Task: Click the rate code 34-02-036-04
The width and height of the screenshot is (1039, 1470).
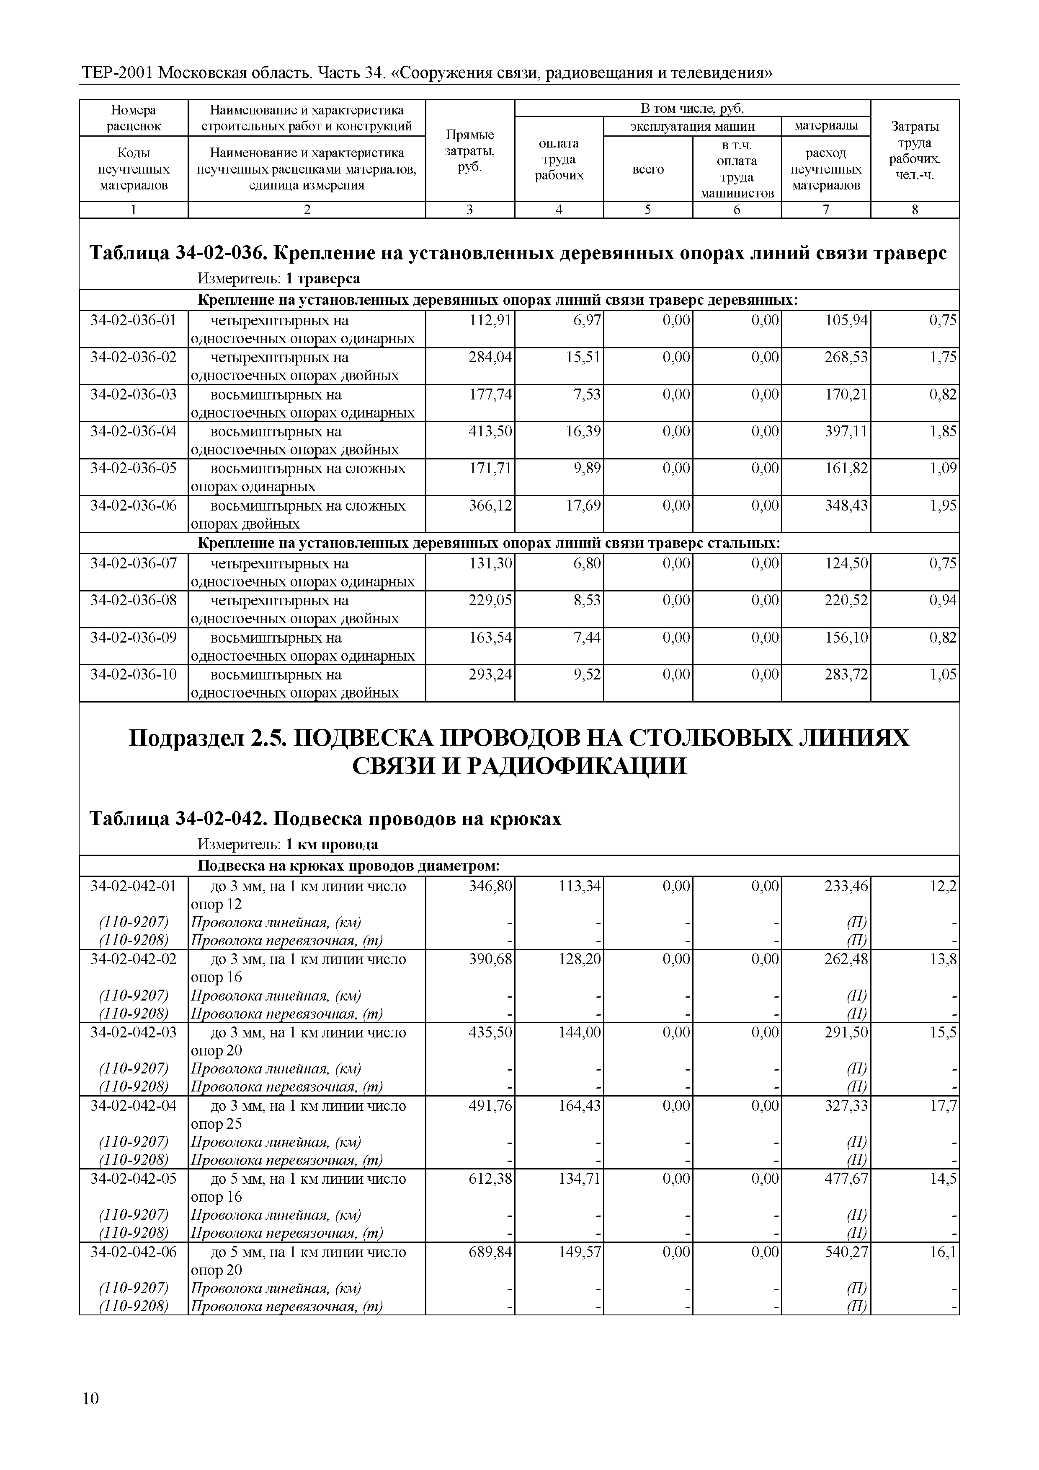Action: tap(133, 431)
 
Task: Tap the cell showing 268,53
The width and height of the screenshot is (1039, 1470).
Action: tap(846, 357)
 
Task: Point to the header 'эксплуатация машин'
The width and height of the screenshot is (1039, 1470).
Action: tap(692, 126)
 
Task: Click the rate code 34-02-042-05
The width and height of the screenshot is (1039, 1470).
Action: tap(133, 1178)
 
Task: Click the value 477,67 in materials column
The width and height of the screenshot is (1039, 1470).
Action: tap(846, 1178)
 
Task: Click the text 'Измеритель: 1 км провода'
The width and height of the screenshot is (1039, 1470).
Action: tap(287, 844)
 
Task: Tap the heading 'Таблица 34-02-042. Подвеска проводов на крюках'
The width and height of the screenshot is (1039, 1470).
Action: tap(325, 819)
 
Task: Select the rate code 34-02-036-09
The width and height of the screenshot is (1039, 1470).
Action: tap(133, 637)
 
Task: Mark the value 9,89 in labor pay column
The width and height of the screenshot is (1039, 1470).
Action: tap(587, 468)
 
